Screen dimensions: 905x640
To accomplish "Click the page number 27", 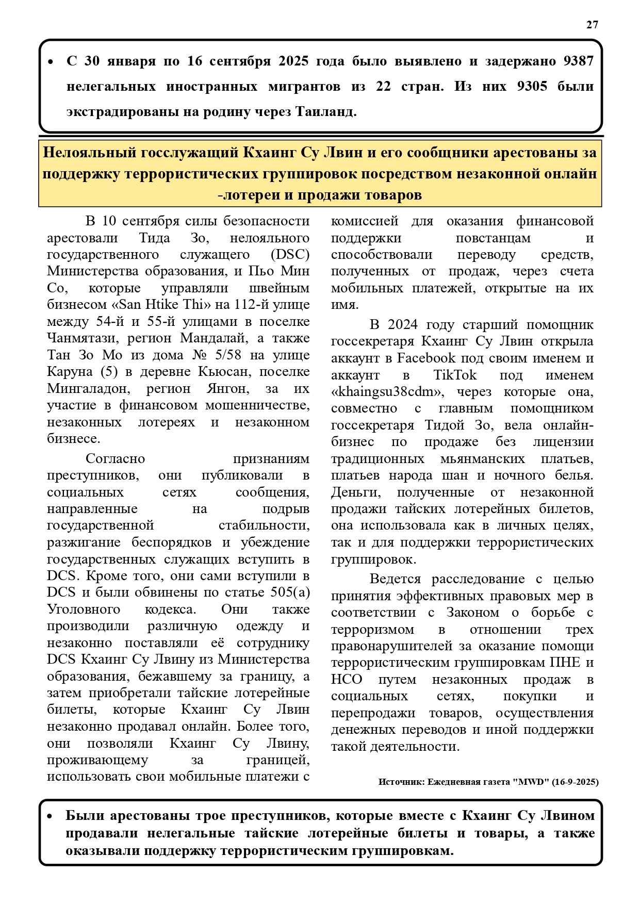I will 592,25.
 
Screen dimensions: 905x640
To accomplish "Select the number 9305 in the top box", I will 532,86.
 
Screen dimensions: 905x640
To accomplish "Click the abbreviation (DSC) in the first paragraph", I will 290,254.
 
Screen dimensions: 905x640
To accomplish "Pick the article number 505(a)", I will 290,592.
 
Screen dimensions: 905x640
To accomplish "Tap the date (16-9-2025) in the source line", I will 575,782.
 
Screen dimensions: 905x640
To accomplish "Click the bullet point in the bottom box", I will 50,816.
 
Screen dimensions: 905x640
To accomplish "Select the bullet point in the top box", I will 51,62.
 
